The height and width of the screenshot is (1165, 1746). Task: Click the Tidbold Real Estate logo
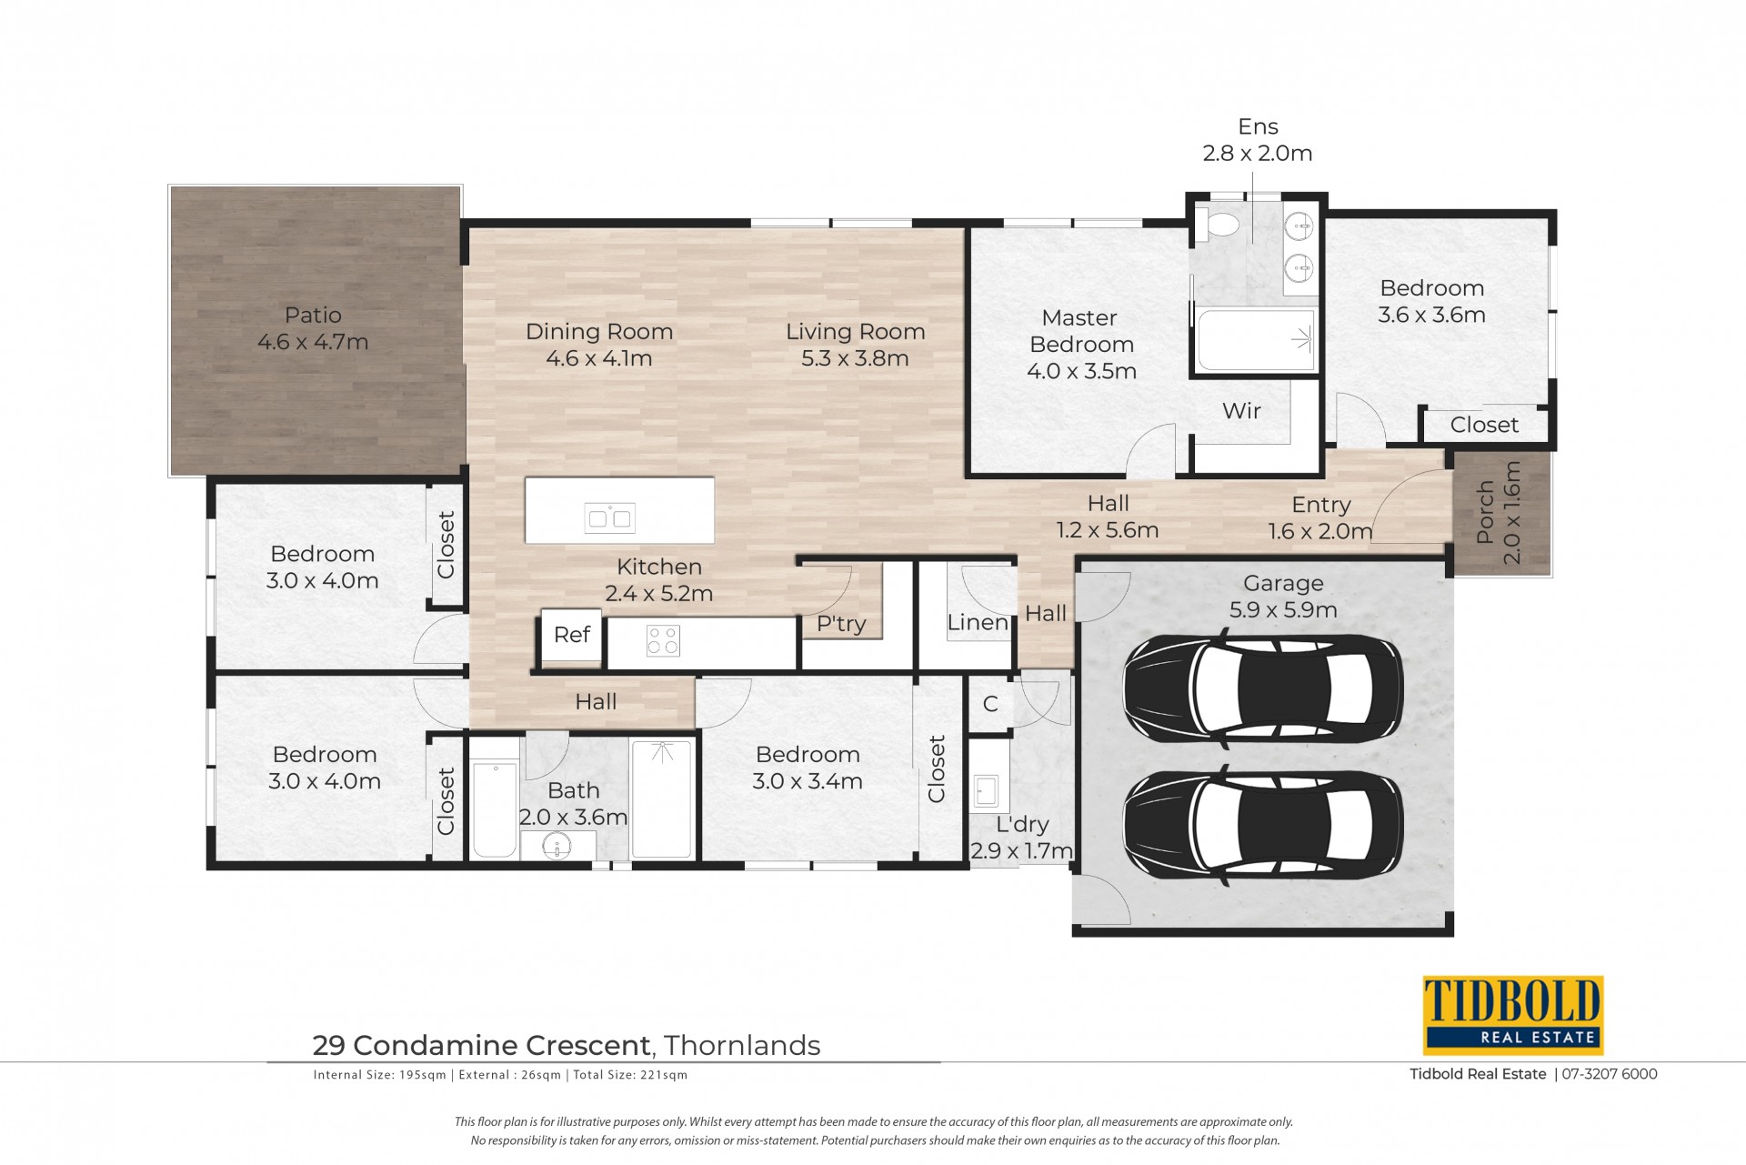pyautogui.click(x=1512, y=1015)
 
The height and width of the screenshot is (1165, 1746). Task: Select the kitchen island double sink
pyautogui.click(x=610, y=518)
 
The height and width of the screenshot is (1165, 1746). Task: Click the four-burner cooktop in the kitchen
pyautogui.click(x=663, y=640)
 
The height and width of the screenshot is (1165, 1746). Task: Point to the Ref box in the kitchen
pyautogui.click(x=571, y=636)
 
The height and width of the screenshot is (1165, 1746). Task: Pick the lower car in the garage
pyautogui.click(x=1263, y=825)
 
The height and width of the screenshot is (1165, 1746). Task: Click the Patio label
pyautogui.click(x=313, y=316)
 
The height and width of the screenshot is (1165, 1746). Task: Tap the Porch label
pyautogui.click(x=1485, y=512)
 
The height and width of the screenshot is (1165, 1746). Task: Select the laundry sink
pyautogui.click(x=987, y=789)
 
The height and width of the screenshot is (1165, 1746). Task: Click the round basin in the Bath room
pyautogui.click(x=557, y=847)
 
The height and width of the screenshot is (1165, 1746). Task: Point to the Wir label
pyautogui.click(x=1241, y=411)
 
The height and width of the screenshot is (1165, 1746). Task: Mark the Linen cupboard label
pyautogui.click(x=978, y=623)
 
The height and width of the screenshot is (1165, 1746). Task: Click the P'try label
pyautogui.click(x=841, y=624)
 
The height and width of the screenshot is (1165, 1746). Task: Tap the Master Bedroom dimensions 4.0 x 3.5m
pyautogui.click(x=1081, y=371)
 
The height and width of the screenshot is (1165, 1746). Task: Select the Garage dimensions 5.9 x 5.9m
pyautogui.click(x=1283, y=610)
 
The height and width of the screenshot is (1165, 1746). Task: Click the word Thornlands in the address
pyautogui.click(x=742, y=1046)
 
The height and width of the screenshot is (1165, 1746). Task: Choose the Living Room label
pyautogui.click(x=856, y=332)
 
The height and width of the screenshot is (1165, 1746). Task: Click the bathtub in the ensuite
pyautogui.click(x=1256, y=341)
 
